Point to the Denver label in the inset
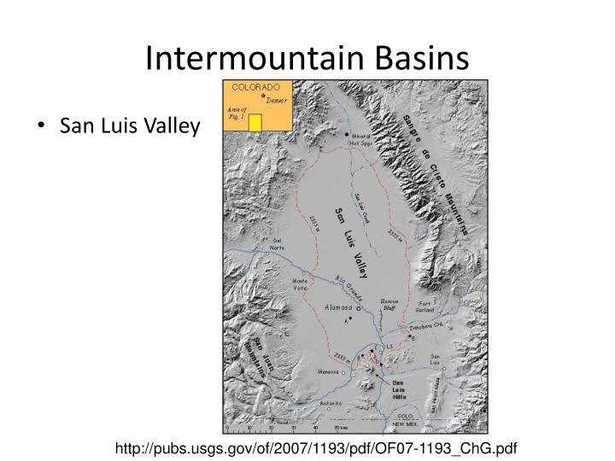[x=275, y=99]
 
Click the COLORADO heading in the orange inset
[x=256, y=88]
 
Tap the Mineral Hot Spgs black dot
[x=347, y=135]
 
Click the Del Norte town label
[x=277, y=244]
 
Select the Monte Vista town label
[x=301, y=284]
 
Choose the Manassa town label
[x=327, y=373]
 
